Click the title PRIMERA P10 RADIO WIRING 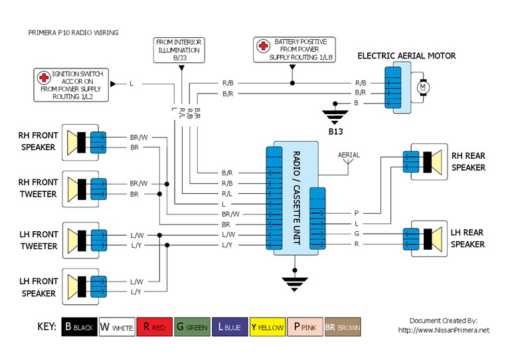pyautogui.click(x=73, y=32)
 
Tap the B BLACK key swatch pyautogui.click(x=79, y=327)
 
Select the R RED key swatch pyautogui.click(x=155, y=327)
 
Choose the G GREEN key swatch pyautogui.click(x=192, y=327)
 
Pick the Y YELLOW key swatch pyautogui.click(x=268, y=327)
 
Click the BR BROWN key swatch pyautogui.click(x=343, y=327)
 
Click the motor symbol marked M pyautogui.click(x=422, y=88)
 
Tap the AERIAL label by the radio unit pyautogui.click(x=349, y=155)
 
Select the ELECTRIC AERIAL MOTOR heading pyautogui.click(x=406, y=56)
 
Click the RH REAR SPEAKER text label pyautogui.click(x=469, y=162)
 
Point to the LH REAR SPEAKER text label pyautogui.click(x=468, y=238)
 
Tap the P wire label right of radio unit pyautogui.click(x=357, y=214)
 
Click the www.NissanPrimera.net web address pyautogui.click(x=444, y=330)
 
